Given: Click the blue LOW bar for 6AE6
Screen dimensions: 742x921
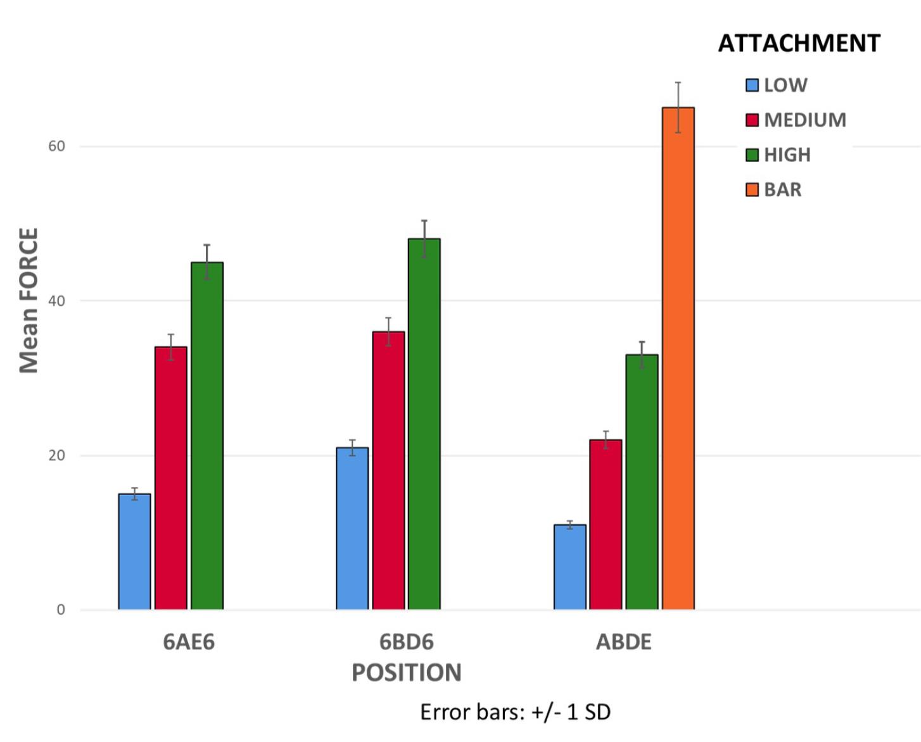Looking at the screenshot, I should pos(134,551).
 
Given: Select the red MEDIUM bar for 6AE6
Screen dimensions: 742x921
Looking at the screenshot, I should pos(171,478).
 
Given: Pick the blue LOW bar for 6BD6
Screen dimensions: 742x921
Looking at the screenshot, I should pos(352,529).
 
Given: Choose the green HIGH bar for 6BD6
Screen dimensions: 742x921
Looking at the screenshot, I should pos(424,424).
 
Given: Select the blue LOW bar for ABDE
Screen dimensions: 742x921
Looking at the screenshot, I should pos(570,567).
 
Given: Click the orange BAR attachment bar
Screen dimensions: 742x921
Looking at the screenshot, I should pos(678,358).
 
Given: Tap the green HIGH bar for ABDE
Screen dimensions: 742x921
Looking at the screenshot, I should pos(642,482).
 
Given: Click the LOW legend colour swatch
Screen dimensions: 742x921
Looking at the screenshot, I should pos(752,85).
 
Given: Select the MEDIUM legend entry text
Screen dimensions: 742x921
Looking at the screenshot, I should pos(805,120).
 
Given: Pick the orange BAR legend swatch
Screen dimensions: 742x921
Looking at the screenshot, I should pos(752,190).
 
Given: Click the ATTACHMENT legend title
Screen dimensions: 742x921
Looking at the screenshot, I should pos(799,43).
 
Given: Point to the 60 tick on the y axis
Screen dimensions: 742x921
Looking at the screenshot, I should pos(56,146).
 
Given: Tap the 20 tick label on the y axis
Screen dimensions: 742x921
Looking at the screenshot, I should pos(56,456).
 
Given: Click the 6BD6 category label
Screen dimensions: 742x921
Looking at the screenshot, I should pos(407,642).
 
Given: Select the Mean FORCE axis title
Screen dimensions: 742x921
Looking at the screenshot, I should pos(29,301).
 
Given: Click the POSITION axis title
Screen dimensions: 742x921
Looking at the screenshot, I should pos(407,672).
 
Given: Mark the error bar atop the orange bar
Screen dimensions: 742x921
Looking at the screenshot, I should pos(678,107).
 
